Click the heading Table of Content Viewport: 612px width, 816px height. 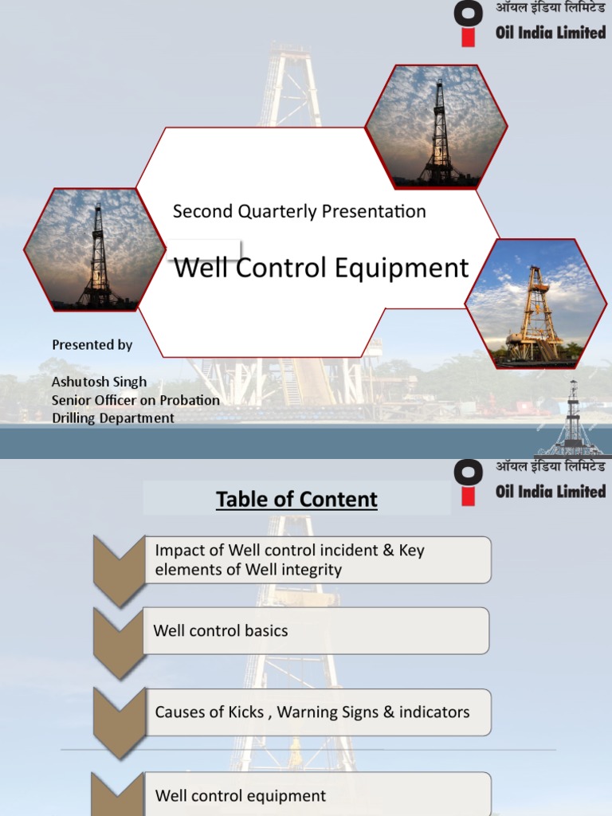coord(296,500)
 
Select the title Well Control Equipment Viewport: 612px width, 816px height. coord(321,268)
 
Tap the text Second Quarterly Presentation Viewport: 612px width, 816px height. coord(300,211)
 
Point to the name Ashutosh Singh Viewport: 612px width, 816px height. coord(99,382)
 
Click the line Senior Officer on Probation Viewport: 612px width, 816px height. coord(135,400)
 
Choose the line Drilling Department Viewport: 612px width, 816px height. coord(112,418)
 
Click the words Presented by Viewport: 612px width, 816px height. coord(92,345)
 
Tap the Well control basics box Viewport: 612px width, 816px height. coord(316,630)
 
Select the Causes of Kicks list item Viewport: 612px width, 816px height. coord(316,712)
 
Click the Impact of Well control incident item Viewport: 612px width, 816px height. coord(316,559)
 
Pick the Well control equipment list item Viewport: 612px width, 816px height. coord(316,794)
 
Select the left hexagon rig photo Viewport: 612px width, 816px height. coord(95,249)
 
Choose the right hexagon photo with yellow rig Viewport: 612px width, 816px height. coord(535,303)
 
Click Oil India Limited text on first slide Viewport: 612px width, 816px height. coord(551,33)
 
